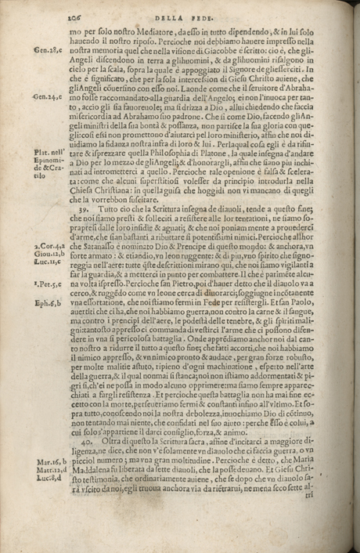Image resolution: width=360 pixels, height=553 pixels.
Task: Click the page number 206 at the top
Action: [x=76, y=13]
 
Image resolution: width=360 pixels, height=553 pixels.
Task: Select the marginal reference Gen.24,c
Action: [x=48, y=99]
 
